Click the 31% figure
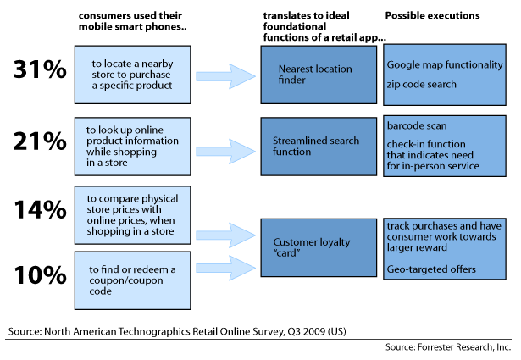click(x=40, y=72)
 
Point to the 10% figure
click(x=40, y=275)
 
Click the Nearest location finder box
click(x=319, y=74)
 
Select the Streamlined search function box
click(x=319, y=146)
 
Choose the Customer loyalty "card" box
click(x=319, y=247)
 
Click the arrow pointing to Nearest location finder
click(x=230, y=75)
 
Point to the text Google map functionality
click(x=443, y=65)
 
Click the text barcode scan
click(x=416, y=125)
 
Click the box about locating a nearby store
click(x=138, y=74)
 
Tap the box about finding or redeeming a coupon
click(x=138, y=275)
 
